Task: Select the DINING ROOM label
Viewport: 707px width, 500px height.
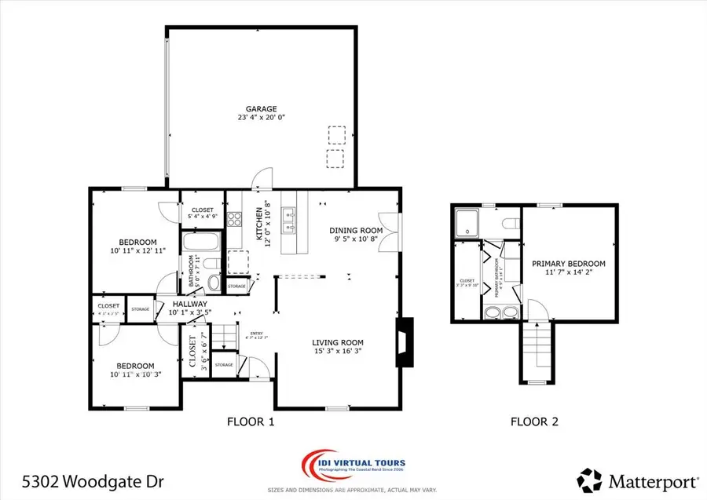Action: pyautogui.click(x=356, y=230)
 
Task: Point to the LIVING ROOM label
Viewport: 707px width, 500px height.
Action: pyautogui.click(x=338, y=342)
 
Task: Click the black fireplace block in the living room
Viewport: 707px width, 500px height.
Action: pyautogui.click(x=405, y=341)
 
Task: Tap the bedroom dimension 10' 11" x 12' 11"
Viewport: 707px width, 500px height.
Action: pyautogui.click(x=137, y=251)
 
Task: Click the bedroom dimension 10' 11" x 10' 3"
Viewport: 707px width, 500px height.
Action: pyautogui.click(x=137, y=375)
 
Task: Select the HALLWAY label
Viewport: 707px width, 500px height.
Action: pyautogui.click(x=189, y=304)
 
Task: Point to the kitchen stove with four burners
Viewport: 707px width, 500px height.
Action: pyautogui.click(x=234, y=219)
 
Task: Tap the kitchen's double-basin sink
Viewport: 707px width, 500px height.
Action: pyautogui.click(x=289, y=221)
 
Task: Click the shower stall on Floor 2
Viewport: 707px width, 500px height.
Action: pyautogui.click(x=468, y=221)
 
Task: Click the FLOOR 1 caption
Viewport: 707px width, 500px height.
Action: pyautogui.click(x=251, y=422)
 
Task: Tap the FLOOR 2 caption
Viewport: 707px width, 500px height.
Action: pyautogui.click(x=534, y=422)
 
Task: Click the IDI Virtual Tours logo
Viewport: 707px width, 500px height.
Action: pyautogui.click(x=354, y=462)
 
